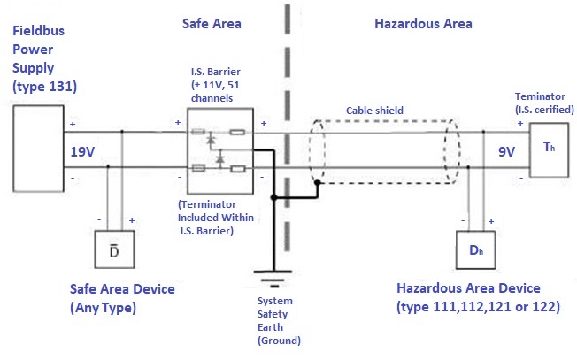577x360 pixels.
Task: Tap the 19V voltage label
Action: coord(83,152)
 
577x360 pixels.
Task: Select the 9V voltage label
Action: coord(506,151)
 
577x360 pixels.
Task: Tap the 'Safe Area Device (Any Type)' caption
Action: coord(122,298)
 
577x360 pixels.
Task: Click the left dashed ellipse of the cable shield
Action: coord(316,154)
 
